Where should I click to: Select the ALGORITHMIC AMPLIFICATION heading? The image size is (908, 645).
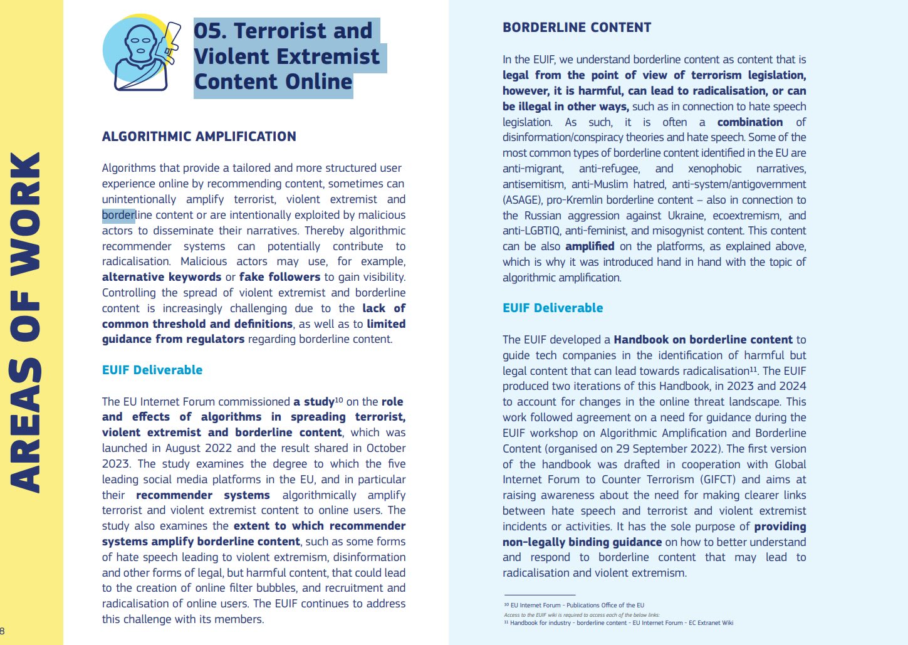coord(199,137)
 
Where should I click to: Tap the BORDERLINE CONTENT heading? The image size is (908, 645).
coord(577,28)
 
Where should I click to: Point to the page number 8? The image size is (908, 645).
coord(3,631)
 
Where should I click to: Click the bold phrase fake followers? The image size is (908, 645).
coord(279,277)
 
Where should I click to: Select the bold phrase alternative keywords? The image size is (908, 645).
coord(162,277)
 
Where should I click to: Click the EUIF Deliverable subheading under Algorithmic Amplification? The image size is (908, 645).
coord(152,370)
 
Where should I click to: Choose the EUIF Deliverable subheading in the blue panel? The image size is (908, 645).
coord(553,308)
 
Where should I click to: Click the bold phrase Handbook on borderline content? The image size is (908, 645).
coord(703,340)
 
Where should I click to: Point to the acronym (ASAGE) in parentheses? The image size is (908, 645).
coord(522,200)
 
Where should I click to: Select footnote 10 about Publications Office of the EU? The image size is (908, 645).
coord(577,606)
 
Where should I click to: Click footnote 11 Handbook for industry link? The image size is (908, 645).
coord(621,623)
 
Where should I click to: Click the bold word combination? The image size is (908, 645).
coord(750,122)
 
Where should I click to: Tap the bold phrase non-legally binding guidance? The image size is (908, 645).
coord(582,542)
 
